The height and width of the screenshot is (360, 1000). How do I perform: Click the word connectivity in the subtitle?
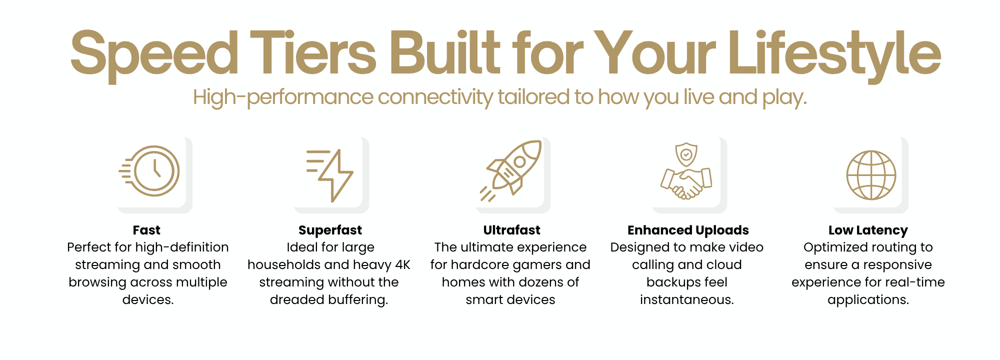pyautogui.click(x=435, y=97)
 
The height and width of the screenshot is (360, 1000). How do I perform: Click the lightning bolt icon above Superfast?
pyautogui.click(x=330, y=175)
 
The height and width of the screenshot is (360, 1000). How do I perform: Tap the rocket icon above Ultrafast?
pyautogui.click(x=510, y=170)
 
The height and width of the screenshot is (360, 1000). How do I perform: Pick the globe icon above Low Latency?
pyautogui.click(x=871, y=175)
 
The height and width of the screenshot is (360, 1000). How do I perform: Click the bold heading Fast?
pyautogui.click(x=146, y=230)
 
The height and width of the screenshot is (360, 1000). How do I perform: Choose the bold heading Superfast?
pyautogui.click(x=330, y=230)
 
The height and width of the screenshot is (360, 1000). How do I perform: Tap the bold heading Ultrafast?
pyautogui.click(x=511, y=230)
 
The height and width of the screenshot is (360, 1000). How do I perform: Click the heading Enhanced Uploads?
pyautogui.click(x=688, y=230)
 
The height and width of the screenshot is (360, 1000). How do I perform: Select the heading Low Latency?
pyautogui.click(x=868, y=230)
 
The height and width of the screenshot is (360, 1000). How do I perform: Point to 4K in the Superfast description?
pyautogui.click(x=402, y=264)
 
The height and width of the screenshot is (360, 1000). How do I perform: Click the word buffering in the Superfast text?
pyautogui.click(x=357, y=300)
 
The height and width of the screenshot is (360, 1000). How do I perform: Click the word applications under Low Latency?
pyautogui.click(x=868, y=300)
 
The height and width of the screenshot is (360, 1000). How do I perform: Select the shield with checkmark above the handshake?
pyautogui.click(x=686, y=154)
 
